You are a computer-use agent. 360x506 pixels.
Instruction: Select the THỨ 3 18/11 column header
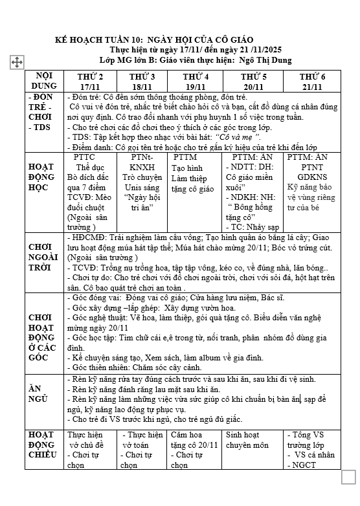point(142,82)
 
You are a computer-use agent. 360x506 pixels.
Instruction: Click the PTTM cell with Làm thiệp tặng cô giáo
point(194,178)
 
